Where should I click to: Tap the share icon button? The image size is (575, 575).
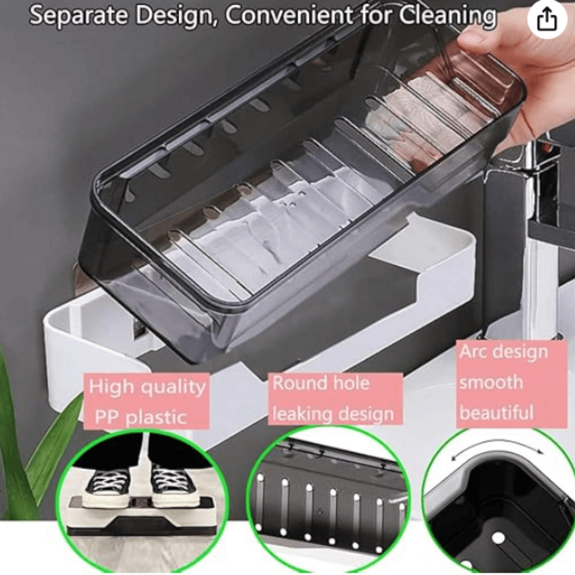[547, 20]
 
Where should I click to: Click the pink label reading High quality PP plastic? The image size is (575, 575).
[147, 401]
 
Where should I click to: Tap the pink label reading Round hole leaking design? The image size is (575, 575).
[335, 399]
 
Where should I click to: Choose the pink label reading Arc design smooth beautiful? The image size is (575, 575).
[511, 384]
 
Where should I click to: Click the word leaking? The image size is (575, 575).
[300, 414]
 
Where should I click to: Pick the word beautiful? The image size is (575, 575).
[496, 412]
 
